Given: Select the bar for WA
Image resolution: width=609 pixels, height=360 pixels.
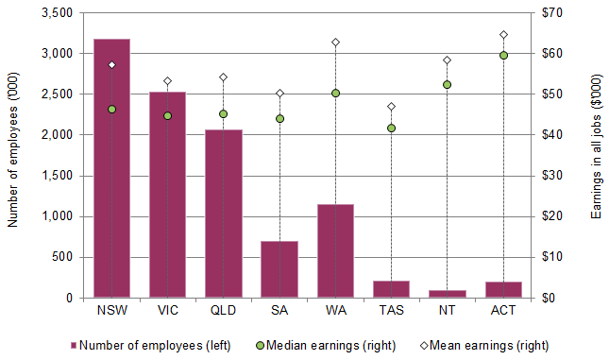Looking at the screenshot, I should coord(335,250).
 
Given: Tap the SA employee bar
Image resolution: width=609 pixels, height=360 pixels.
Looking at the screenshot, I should coord(279,269).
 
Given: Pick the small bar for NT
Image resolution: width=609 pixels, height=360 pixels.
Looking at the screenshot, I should coord(448,294).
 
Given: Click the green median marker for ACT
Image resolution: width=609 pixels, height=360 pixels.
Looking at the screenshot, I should coord(503,55).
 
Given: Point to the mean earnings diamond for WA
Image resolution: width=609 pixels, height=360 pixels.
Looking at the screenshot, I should coord(335,43).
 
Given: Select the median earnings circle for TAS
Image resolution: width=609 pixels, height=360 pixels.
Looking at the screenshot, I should coord(391,129).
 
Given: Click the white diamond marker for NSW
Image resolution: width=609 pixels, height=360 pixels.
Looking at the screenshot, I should coord(111,65).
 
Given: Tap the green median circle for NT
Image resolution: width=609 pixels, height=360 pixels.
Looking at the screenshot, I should coord(448,84).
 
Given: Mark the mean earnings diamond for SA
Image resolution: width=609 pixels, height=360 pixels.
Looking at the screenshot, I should coord(279,94).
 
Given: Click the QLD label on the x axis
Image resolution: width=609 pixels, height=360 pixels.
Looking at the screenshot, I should coord(223,309).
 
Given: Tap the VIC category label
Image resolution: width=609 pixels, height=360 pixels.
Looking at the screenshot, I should coord(167,309).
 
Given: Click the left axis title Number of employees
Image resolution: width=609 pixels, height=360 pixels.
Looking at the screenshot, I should coord(12,155).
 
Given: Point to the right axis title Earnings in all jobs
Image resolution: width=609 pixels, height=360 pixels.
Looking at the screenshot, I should coord(597,155).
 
